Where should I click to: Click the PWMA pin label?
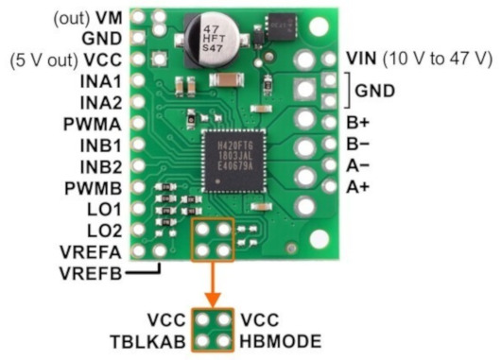[x=93, y=125]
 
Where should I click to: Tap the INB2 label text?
[x=101, y=167]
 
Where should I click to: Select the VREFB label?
[x=91, y=273]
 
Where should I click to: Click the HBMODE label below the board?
[x=281, y=341]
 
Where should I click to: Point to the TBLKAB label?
[x=147, y=341]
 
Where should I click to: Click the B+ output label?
[x=357, y=122]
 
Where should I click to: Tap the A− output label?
[x=357, y=165]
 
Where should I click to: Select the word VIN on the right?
[x=361, y=59]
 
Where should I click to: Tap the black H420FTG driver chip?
[x=234, y=161]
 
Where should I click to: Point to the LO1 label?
[x=105, y=210]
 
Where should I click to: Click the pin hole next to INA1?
[x=138, y=80]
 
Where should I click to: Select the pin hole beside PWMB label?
[x=138, y=187]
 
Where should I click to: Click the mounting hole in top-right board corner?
[x=319, y=26]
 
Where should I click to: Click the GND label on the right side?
[x=374, y=91]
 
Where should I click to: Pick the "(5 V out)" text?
[x=44, y=60]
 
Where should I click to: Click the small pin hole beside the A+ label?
[x=329, y=186]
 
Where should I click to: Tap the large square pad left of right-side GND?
[x=305, y=89]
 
